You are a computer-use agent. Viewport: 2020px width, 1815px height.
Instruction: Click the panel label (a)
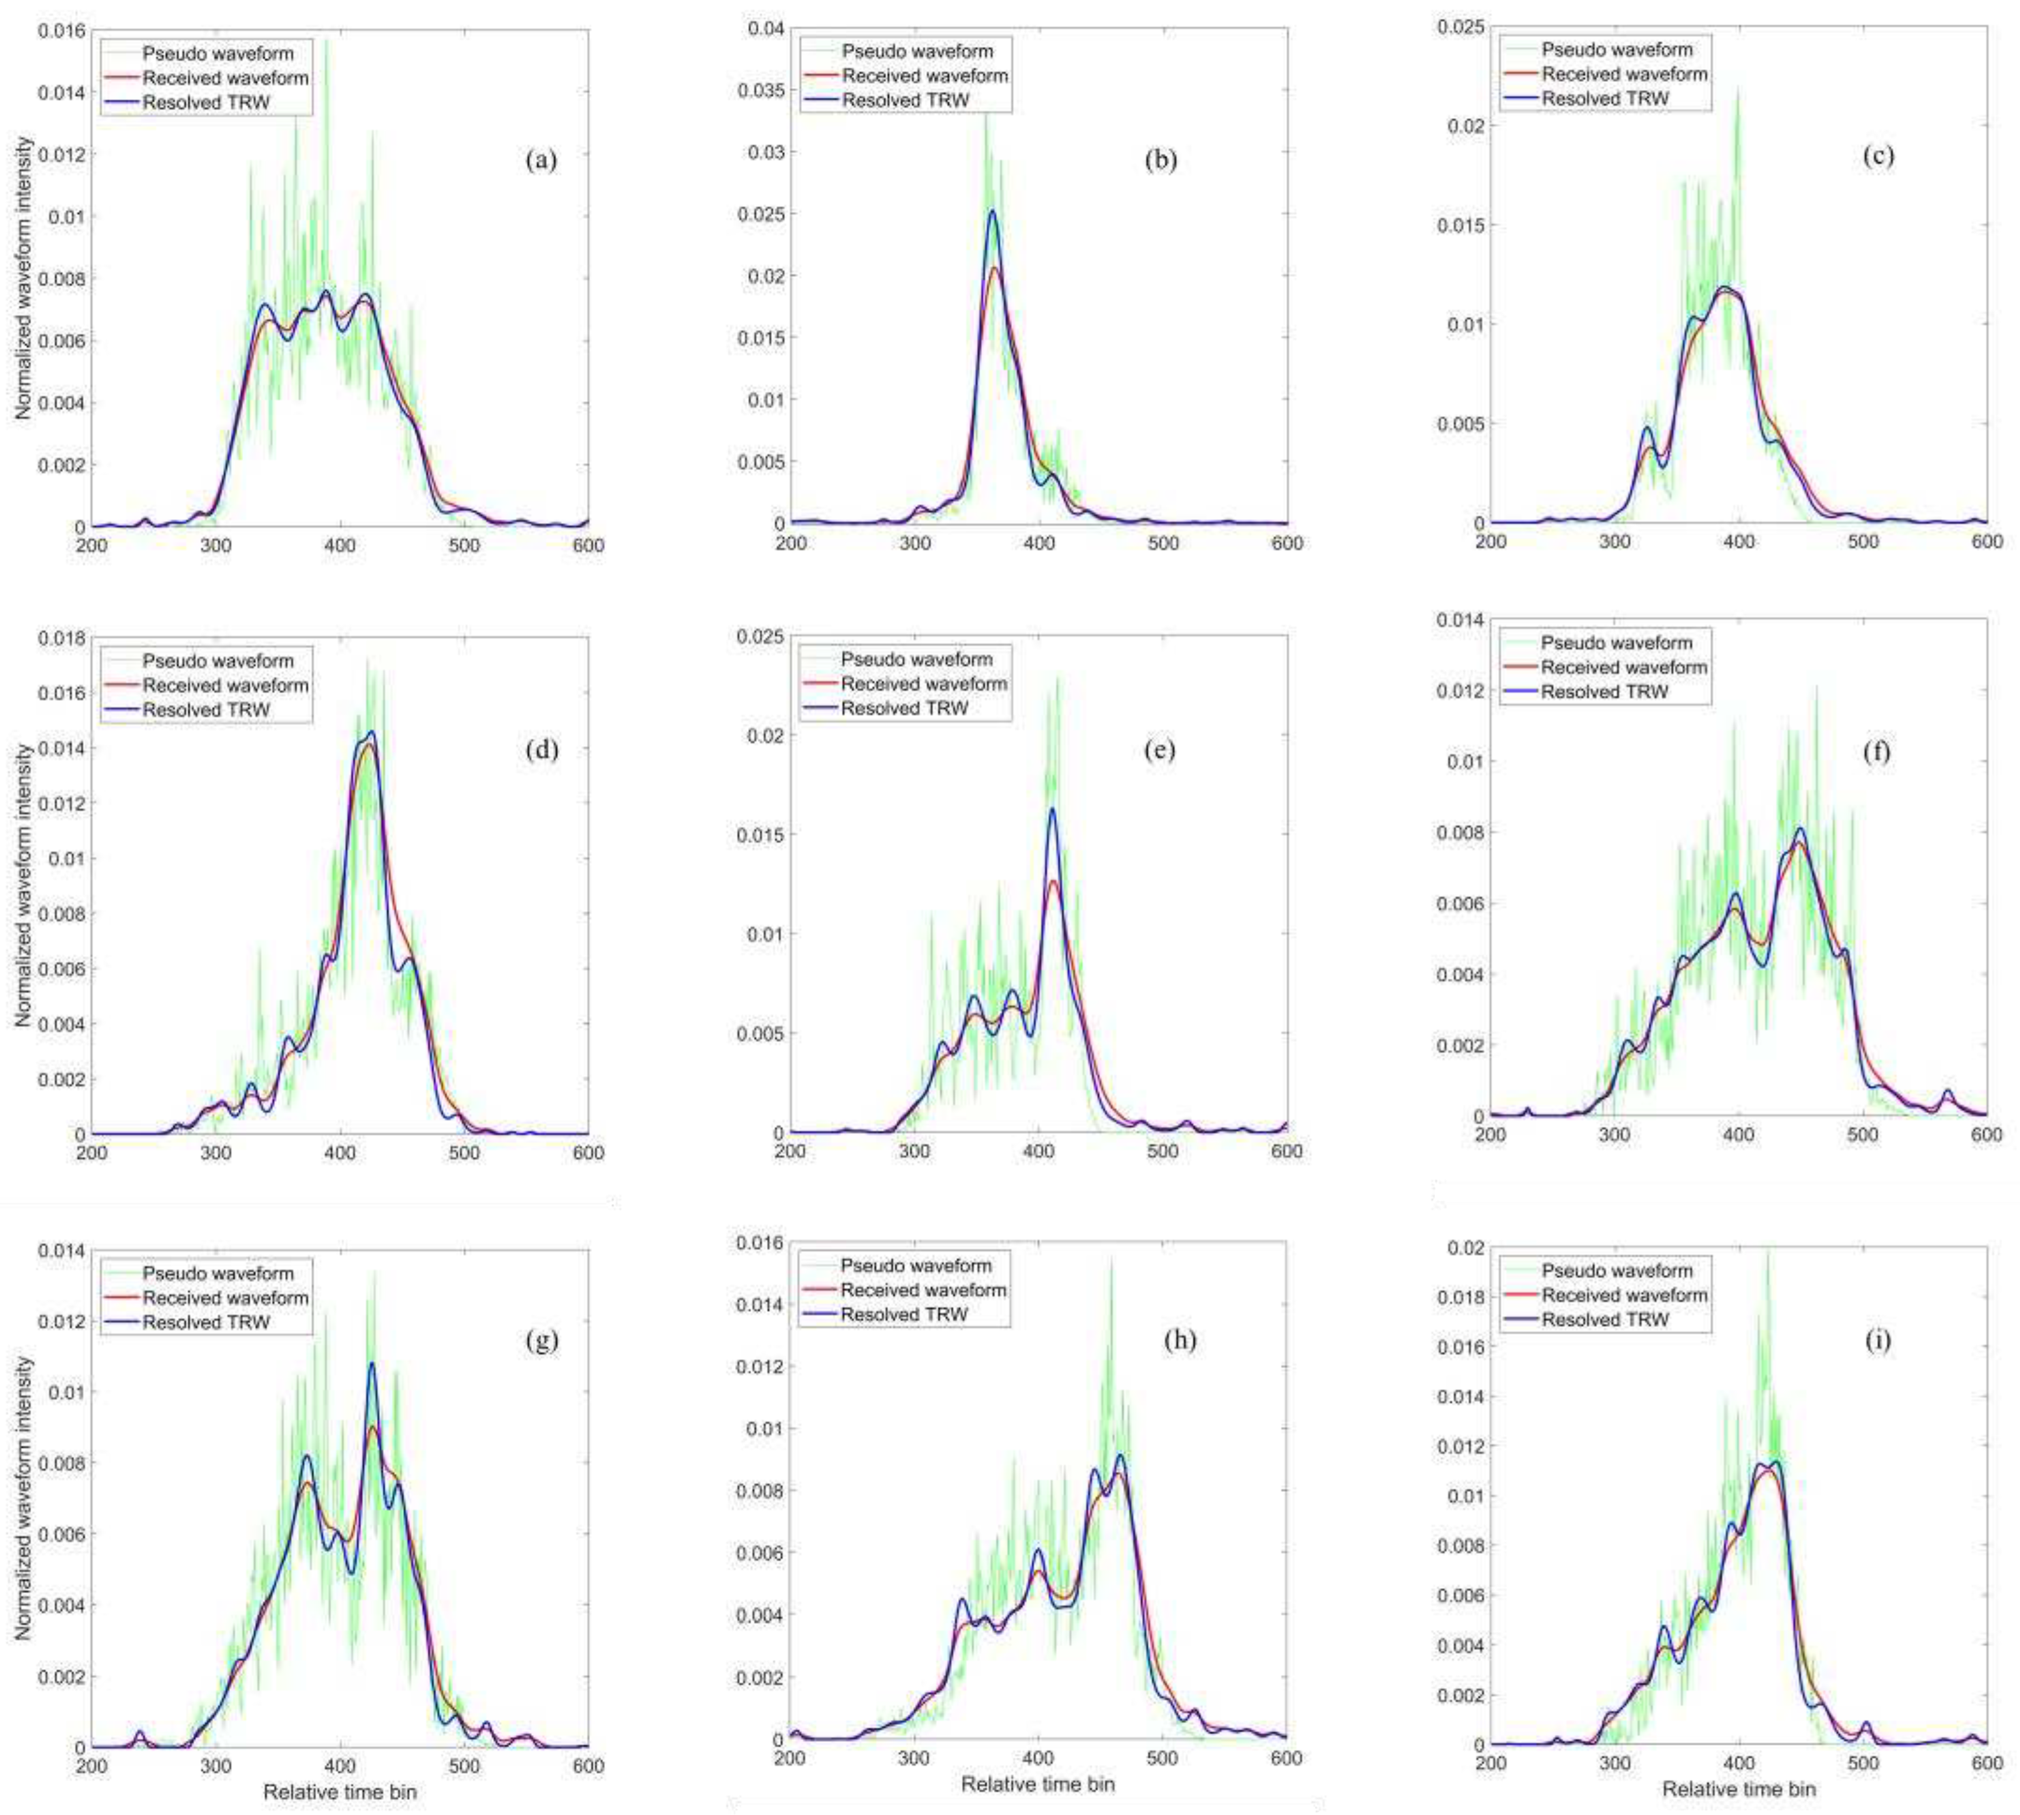[541, 159]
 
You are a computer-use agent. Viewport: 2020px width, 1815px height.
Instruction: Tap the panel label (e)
[1159, 750]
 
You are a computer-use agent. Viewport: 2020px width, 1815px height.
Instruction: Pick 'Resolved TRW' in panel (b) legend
[906, 101]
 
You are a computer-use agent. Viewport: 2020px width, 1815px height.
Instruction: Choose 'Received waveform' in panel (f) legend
[1624, 667]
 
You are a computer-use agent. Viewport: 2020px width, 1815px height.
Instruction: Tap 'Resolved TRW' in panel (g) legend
[206, 1322]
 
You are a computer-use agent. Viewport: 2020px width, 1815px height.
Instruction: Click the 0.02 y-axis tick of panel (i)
[1464, 1248]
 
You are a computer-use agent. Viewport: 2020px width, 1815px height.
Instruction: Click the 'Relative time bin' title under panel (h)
[1037, 1783]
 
